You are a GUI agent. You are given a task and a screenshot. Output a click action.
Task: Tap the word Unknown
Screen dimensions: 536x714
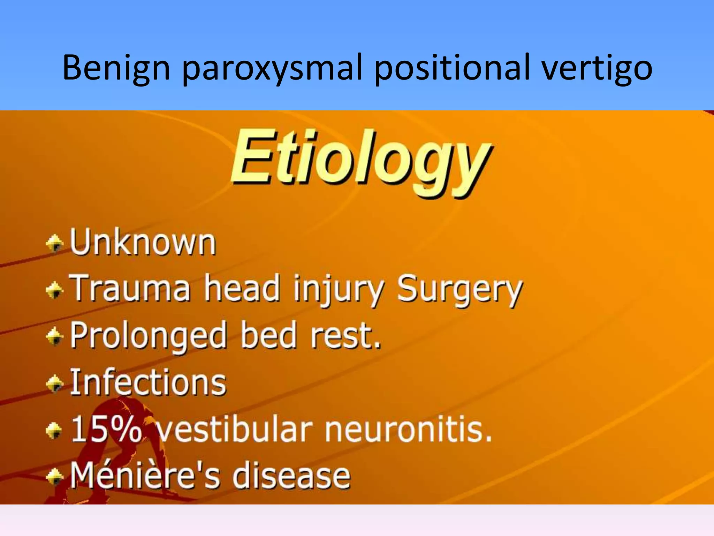tap(143, 243)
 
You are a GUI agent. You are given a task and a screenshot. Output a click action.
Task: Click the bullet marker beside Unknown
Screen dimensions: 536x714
tap(54, 243)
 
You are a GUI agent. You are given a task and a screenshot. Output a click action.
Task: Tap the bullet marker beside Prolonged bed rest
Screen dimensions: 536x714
tap(54, 336)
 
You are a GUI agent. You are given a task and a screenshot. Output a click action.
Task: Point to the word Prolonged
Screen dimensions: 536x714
tap(149, 336)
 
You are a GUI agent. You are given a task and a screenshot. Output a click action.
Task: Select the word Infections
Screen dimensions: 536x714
tap(149, 382)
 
